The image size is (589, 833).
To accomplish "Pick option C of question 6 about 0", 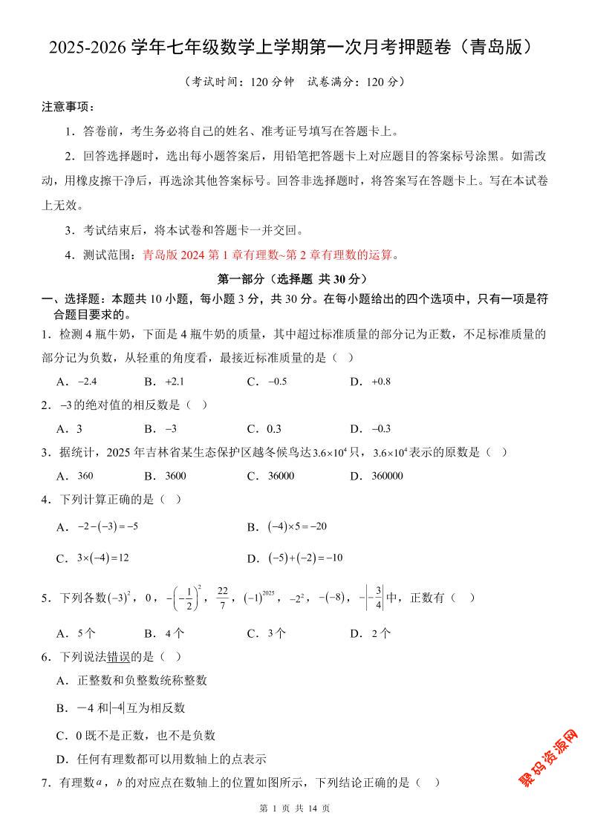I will point(138,735).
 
